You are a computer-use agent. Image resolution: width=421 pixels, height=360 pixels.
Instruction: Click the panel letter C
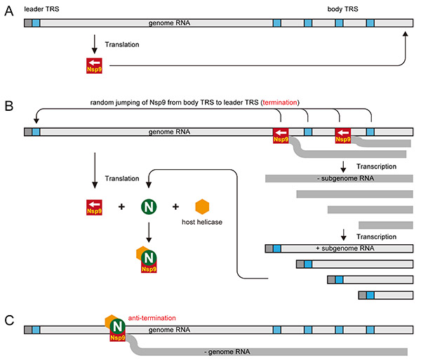[8, 320]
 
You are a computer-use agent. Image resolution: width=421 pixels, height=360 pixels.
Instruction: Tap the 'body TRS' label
[345, 8]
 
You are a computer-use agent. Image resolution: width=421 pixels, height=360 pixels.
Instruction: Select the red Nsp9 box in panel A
[93, 66]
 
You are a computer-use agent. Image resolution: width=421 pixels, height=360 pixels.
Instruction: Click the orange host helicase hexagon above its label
[201, 207]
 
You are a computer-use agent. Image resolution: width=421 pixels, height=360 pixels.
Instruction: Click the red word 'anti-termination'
[154, 316]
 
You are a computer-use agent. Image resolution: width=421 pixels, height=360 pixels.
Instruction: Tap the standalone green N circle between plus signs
[149, 207]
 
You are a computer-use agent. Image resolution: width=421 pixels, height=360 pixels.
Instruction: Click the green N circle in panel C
[118, 326]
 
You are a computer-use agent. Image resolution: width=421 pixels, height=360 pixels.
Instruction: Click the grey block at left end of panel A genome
[27, 23]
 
